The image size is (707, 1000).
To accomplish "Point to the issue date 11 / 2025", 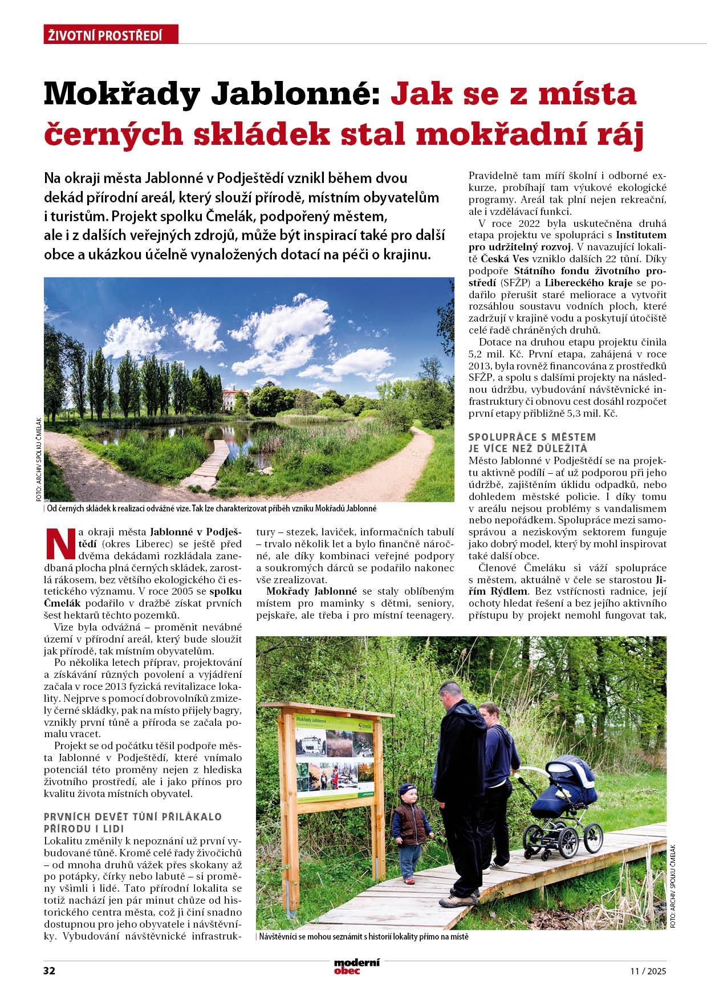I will click(x=648, y=971).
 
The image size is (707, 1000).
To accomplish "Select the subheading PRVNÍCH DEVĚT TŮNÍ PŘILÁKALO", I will click(x=133, y=817).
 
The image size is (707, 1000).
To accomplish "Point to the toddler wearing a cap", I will click(x=411, y=832).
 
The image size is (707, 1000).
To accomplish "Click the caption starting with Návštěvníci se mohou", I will click(x=364, y=936).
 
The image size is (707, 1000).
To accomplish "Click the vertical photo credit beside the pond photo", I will click(x=38, y=460).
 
